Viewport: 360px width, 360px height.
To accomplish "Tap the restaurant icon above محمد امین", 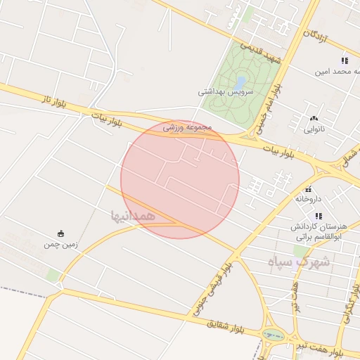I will [x=344, y=60].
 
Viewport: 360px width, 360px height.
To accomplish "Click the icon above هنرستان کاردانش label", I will [x=318, y=216].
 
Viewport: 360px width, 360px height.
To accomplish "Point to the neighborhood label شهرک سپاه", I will [x=299, y=262].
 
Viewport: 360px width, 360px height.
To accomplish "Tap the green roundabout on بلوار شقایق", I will [x=270, y=335].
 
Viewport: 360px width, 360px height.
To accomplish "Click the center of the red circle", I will [x=180, y=179].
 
